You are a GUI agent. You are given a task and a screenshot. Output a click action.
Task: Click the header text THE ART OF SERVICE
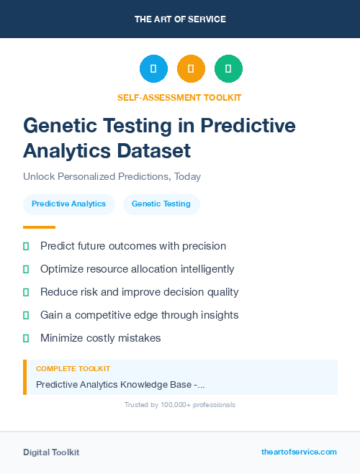[180, 19]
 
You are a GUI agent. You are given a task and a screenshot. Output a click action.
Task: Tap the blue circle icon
[153, 69]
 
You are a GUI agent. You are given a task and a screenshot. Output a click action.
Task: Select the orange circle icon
[191, 69]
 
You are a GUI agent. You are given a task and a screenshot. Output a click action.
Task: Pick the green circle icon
[228, 69]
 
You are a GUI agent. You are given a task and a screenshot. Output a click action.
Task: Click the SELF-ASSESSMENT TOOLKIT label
[179, 97]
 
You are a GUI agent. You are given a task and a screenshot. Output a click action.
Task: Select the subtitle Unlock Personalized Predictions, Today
[112, 176]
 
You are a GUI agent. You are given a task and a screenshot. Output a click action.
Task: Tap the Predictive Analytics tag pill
[68, 204]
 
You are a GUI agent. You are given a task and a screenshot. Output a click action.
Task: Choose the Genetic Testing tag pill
[161, 204]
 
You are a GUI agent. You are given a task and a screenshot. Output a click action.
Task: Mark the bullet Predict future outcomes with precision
[133, 246]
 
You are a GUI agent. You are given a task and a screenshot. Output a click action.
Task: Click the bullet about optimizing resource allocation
[137, 269]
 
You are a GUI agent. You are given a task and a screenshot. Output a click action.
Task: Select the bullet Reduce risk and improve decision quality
[139, 292]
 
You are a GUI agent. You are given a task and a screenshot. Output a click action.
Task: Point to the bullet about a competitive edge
[139, 315]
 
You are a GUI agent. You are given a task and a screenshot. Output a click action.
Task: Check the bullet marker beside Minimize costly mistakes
[26, 338]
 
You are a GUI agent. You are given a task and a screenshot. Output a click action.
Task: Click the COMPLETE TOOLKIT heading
[73, 368]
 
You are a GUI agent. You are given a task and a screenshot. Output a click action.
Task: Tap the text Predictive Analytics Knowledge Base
[120, 385]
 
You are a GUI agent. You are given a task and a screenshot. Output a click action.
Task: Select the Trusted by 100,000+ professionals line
[179, 405]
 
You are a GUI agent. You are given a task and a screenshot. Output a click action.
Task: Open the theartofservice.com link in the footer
[299, 452]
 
